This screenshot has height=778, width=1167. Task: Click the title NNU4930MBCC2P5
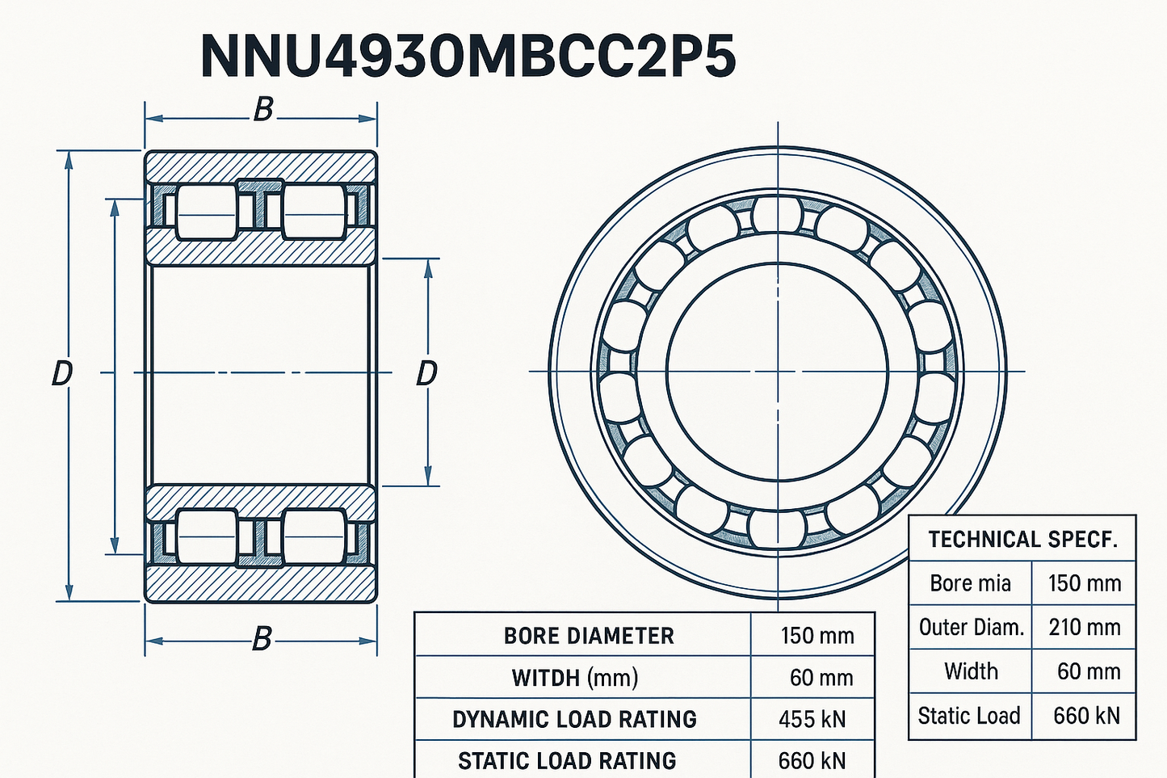point(468,57)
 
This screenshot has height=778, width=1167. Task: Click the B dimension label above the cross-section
point(263,111)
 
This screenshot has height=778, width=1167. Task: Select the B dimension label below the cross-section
point(262,639)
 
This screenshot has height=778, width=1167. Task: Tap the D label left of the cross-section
point(62,374)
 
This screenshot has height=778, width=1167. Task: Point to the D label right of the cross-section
point(426,374)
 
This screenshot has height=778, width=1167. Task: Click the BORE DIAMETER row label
point(589,636)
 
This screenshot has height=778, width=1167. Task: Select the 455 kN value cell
point(812,720)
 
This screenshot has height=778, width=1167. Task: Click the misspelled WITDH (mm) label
point(575,678)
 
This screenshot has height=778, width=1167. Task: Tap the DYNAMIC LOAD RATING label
point(574,720)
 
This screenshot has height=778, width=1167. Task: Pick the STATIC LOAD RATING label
point(567,761)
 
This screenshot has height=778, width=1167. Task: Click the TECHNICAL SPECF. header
point(1023,540)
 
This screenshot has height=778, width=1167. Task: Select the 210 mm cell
point(1085,628)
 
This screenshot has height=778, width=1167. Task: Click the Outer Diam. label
point(972,628)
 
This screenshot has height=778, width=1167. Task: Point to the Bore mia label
point(970,583)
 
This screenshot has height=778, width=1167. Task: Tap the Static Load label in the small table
point(969,716)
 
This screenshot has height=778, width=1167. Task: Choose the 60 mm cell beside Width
point(1089,671)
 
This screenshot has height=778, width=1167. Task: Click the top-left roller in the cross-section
point(207,213)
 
